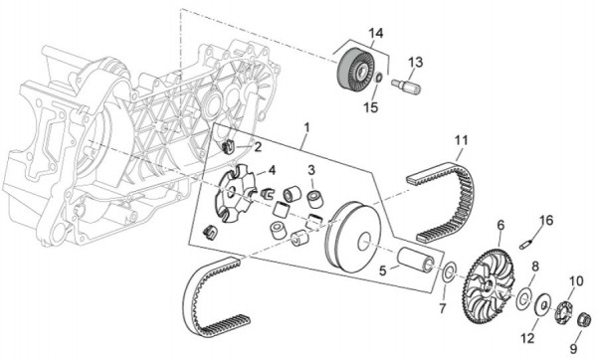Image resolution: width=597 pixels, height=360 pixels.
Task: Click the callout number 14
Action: [375, 34]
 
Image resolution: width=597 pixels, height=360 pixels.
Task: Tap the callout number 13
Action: [416, 62]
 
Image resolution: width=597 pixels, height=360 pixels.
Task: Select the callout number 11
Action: [461, 140]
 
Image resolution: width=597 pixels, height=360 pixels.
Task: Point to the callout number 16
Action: [546, 221]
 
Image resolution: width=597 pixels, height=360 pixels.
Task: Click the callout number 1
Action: [306, 127]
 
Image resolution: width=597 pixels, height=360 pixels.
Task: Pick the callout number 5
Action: [383, 270]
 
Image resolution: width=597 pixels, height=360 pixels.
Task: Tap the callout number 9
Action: [573, 348]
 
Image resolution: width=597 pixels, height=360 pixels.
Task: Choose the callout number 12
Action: [528, 338]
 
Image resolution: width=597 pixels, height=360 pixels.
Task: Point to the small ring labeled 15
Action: [379, 78]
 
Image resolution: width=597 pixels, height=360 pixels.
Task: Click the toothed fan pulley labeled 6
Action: [491, 286]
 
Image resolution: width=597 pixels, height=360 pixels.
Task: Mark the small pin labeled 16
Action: [525, 245]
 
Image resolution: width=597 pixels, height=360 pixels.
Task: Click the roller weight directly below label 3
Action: [314, 200]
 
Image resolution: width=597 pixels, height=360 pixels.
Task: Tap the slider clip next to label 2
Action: [228, 147]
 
